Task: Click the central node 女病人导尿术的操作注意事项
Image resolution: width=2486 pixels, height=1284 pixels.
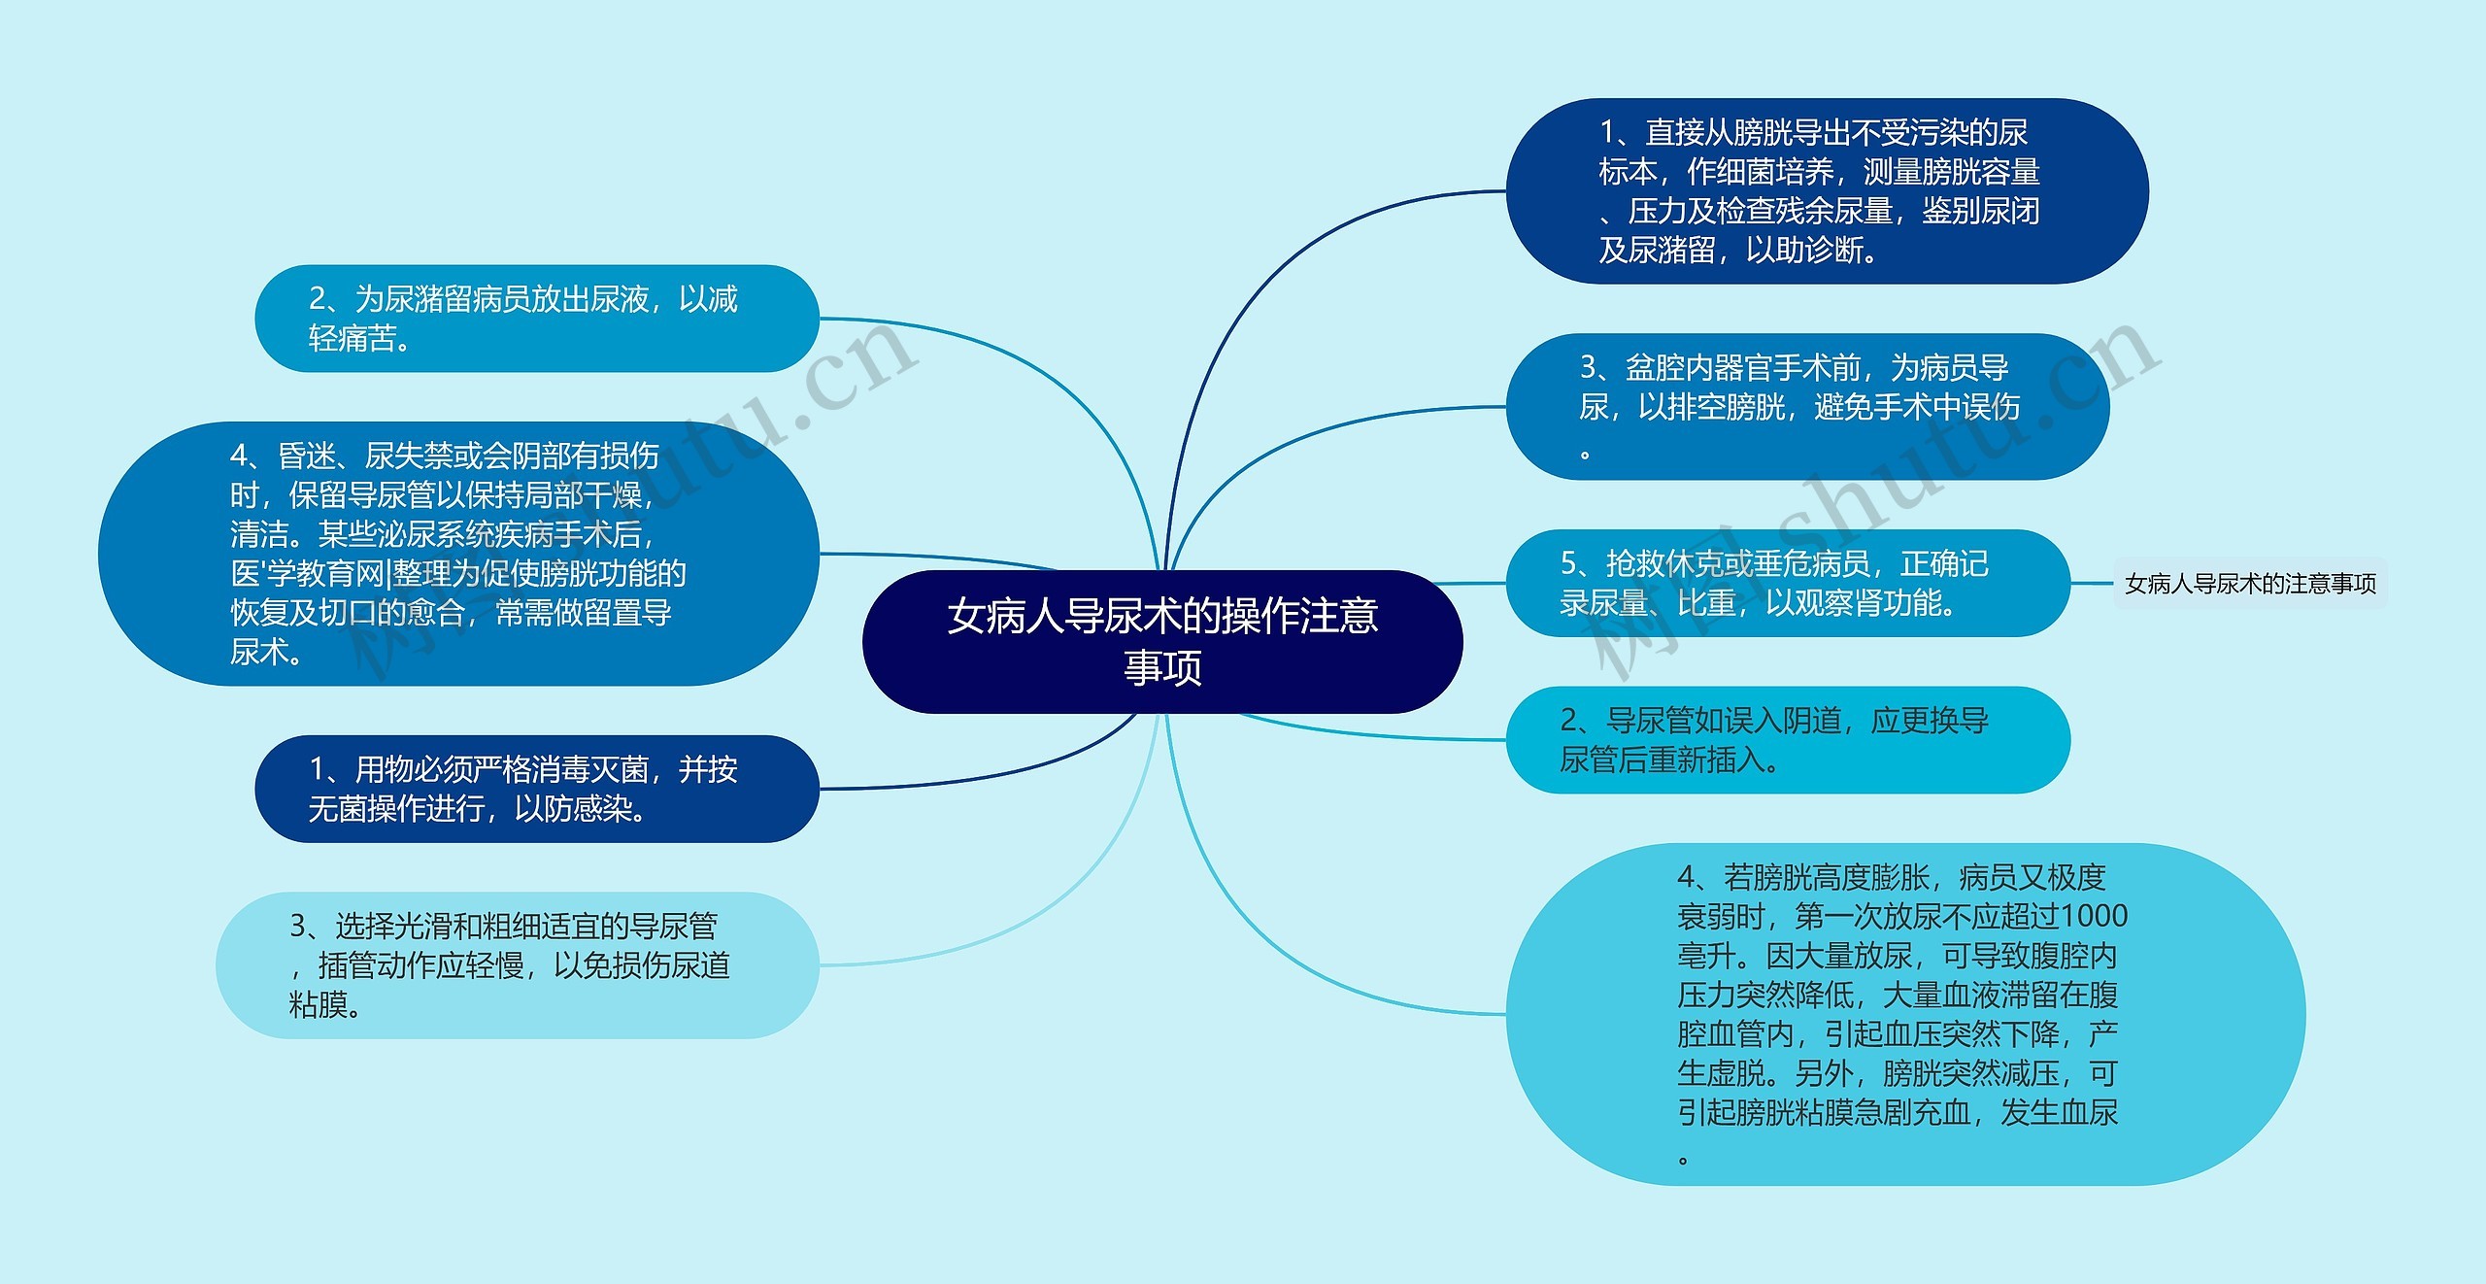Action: tap(1162, 641)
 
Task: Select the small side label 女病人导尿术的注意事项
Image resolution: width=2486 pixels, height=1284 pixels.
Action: tap(2250, 584)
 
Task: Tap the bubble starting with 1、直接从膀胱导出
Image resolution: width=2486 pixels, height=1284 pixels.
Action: tap(1826, 191)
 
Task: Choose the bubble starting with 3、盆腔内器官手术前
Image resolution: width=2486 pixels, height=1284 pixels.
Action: tap(1806, 406)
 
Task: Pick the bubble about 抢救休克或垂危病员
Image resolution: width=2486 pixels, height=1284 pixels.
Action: tap(1787, 583)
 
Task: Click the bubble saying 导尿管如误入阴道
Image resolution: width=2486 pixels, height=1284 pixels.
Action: tap(1787, 740)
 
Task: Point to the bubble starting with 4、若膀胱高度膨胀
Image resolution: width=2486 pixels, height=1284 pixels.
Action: tap(1903, 1014)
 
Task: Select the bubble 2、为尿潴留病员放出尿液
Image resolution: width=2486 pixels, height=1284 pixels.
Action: tap(536, 319)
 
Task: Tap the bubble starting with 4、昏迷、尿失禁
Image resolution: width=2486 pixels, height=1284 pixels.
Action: tap(458, 554)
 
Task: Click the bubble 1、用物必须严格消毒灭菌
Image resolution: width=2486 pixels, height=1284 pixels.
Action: tap(536, 789)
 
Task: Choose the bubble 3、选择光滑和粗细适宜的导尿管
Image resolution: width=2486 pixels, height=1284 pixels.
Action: tap(517, 965)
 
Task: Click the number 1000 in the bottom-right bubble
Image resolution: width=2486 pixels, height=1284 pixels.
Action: tap(2094, 916)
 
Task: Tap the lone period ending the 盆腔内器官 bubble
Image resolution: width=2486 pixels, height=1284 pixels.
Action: tap(1586, 454)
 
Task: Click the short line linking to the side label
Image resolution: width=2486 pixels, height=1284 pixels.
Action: tap(2092, 584)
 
